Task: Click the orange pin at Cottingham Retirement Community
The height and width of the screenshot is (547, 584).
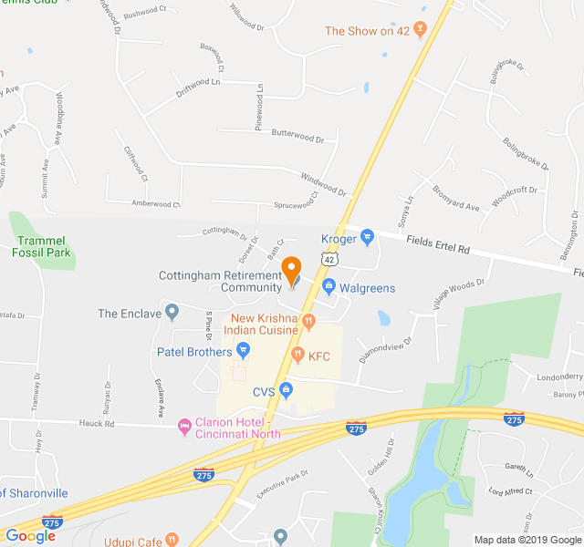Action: point(292,271)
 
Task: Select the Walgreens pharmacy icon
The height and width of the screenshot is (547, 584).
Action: point(328,288)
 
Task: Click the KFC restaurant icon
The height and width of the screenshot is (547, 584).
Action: point(297,355)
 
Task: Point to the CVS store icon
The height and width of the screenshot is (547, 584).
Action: point(286,392)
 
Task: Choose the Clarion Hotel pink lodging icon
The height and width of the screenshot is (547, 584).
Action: point(184,425)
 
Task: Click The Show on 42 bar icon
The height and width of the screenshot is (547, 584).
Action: point(420,30)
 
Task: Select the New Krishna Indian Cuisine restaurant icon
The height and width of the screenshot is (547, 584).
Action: point(309,320)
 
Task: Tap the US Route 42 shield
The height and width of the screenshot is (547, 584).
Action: point(328,260)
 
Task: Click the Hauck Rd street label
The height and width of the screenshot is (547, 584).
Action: point(96,424)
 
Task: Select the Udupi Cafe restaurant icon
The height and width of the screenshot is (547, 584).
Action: point(172,541)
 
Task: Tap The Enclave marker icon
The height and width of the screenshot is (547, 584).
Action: point(172,314)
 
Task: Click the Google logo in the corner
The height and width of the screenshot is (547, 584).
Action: point(30,536)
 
